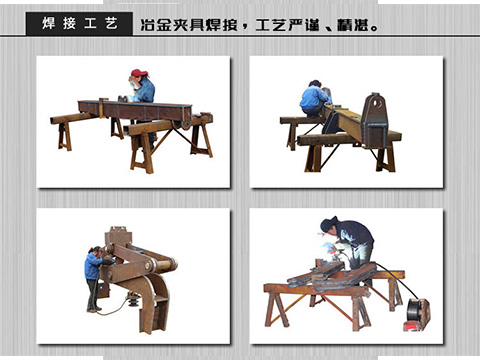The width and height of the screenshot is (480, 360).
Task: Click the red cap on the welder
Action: click(138, 73)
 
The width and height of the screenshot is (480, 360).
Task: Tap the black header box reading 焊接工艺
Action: click(79, 24)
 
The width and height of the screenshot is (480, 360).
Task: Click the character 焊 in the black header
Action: click(48, 24)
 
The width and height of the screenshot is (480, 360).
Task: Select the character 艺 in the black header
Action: click(111, 24)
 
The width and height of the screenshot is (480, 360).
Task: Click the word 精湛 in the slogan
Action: click(352, 25)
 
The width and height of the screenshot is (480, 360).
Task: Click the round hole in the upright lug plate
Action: click(377, 104)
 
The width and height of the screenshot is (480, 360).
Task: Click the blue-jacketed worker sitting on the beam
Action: click(314, 98)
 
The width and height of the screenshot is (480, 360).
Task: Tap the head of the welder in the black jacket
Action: click(329, 224)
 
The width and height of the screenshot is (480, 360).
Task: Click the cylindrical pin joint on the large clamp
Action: click(163, 265)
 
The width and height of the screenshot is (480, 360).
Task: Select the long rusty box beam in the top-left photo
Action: click(135, 111)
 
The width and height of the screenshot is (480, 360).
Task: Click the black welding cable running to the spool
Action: click(398, 280)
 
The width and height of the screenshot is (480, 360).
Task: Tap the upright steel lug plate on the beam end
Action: click(376, 120)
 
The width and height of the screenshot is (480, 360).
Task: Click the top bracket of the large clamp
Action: click(118, 236)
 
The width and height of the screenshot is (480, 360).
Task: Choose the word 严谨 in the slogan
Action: click(303, 25)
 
